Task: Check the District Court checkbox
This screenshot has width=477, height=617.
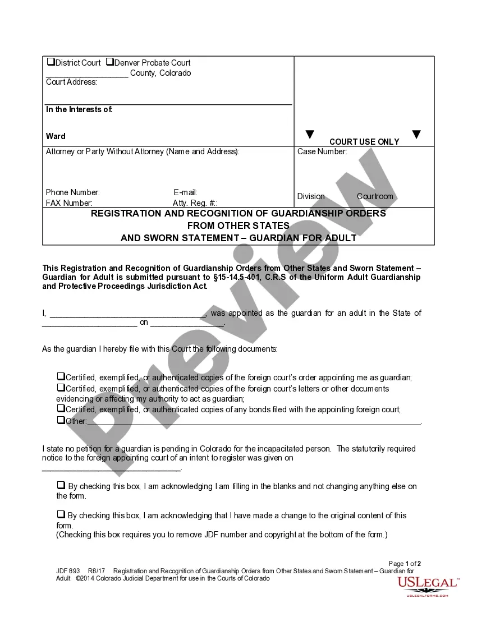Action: tap(51, 62)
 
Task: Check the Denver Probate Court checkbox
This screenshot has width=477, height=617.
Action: tap(109, 62)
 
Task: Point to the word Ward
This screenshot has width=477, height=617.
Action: tap(56, 136)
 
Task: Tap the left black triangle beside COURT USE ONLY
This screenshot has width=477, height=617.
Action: tap(309, 135)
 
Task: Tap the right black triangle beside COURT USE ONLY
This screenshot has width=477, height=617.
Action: tap(416, 135)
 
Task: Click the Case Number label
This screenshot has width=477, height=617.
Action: tap(322, 151)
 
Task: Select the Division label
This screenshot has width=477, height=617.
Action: tap(311, 196)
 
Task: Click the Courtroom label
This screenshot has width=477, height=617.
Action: tap(375, 196)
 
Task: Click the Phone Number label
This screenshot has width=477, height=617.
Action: tap(73, 192)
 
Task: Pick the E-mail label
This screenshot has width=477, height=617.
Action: tap(186, 192)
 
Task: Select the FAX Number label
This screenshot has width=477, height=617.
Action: tap(69, 203)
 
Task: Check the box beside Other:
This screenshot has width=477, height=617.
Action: tap(61, 420)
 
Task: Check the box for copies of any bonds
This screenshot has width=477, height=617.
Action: tap(61, 409)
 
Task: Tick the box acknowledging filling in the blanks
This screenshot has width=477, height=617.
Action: tap(61, 485)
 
